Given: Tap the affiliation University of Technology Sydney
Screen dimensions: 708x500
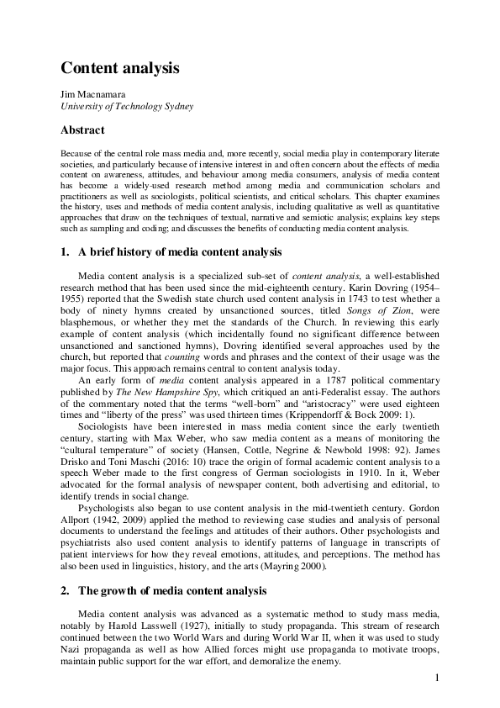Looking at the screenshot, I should (x=126, y=107).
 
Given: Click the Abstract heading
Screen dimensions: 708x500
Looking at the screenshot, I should (x=82, y=130).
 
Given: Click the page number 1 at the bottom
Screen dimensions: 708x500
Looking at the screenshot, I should (x=438, y=679).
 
